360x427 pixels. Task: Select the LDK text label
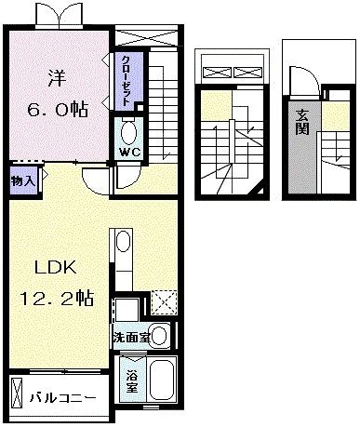[x=55, y=268]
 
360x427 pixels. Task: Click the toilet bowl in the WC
[x=129, y=130]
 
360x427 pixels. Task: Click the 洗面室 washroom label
[x=130, y=336]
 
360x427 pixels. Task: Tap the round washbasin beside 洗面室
[x=160, y=335]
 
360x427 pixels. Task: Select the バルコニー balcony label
[x=61, y=397]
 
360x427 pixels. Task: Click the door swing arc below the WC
[x=95, y=178]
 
